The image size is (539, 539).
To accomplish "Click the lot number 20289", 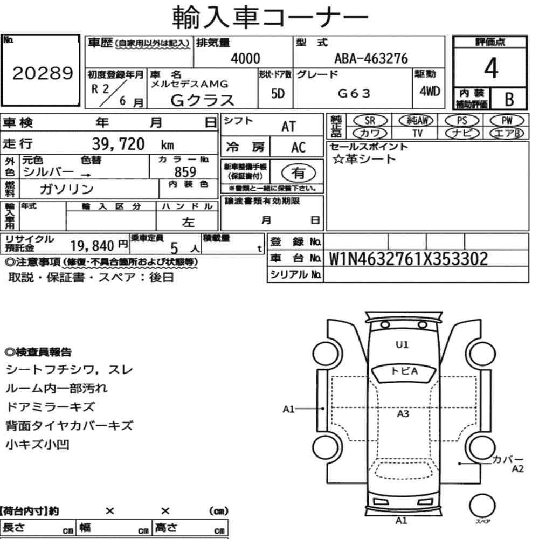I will click(x=42, y=74).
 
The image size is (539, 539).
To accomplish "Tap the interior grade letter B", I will click(x=508, y=99).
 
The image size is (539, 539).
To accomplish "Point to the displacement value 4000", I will click(x=245, y=59).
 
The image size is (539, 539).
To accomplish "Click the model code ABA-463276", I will click(x=371, y=59).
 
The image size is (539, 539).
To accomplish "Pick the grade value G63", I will click(x=354, y=93).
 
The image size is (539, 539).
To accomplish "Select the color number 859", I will click(x=185, y=171).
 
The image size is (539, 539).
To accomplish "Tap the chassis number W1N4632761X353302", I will click(x=409, y=259).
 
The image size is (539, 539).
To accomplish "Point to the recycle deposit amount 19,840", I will click(x=90, y=246).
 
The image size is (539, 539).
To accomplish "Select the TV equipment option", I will click(x=417, y=133).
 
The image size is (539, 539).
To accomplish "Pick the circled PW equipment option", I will click(x=506, y=121).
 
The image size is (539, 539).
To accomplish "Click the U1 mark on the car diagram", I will click(x=402, y=344).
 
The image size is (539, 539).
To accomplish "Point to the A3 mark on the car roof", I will click(x=403, y=414).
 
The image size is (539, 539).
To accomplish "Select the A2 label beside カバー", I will click(x=517, y=469).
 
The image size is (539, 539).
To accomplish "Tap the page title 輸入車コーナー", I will click(x=270, y=17).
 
